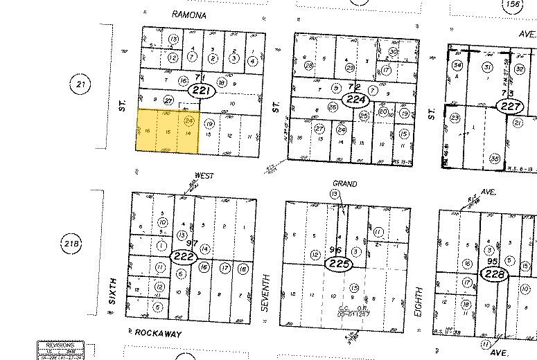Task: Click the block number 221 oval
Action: (x=204, y=91)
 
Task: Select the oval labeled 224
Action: (x=356, y=99)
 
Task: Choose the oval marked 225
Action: (x=340, y=264)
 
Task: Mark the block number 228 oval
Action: (x=496, y=274)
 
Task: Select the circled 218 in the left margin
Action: (x=71, y=244)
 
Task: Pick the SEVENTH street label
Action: (x=264, y=292)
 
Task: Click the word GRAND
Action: (x=344, y=184)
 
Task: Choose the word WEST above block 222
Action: (x=205, y=177)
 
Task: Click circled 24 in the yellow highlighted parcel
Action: (x=188, y=120)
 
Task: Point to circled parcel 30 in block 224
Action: (x=393, y=52)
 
